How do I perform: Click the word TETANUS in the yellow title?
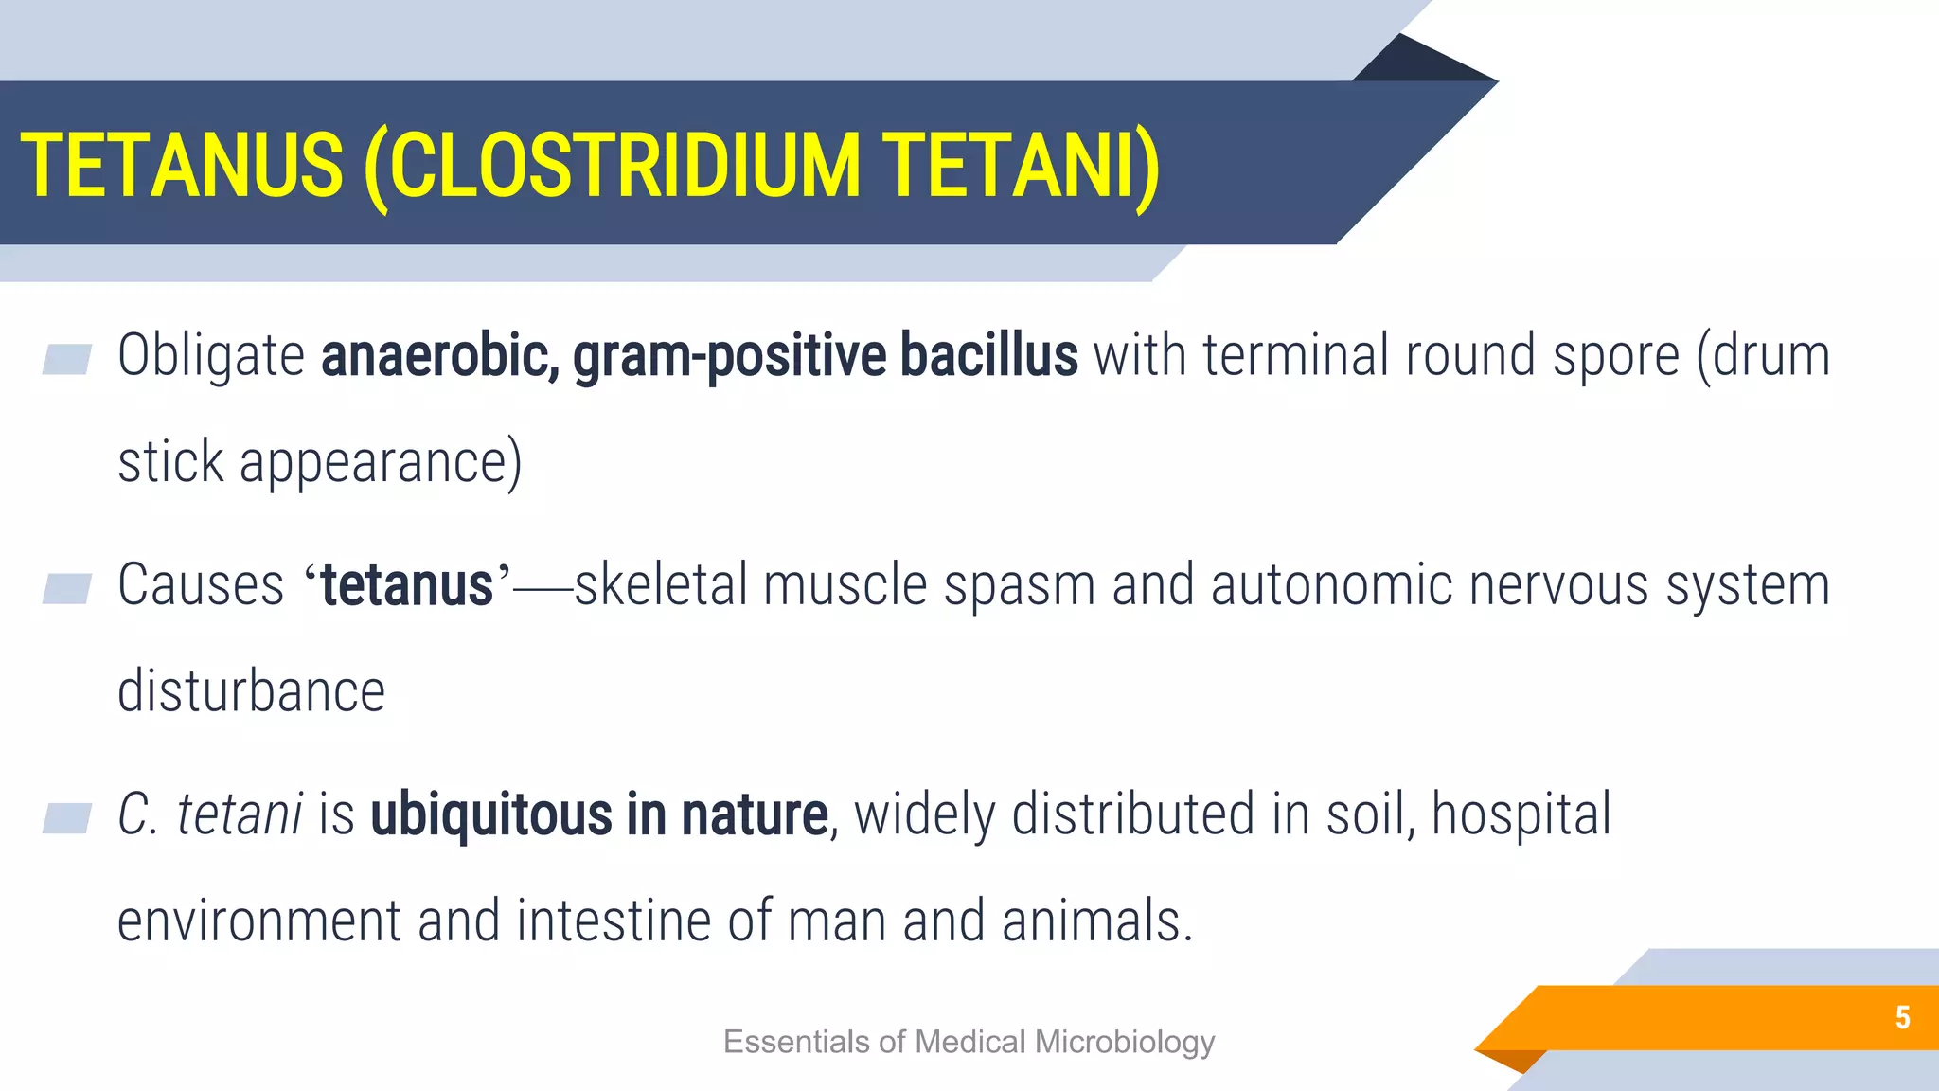coord(182,166)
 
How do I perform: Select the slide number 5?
coord(1902,1017)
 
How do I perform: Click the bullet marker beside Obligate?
coord(67,359)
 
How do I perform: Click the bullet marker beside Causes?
coord(67,588)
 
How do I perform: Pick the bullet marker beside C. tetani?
coord(67,817)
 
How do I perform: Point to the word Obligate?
coord(210,357)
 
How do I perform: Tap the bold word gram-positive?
coord(729,357)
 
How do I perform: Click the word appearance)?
coord(380,463)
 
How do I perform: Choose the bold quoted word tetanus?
coord(407,585)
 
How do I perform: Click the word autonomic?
coord(1331,584)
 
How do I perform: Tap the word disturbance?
coord(251,691)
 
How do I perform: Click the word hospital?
coord(1521,814)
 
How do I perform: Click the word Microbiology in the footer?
coord(1124,1042)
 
